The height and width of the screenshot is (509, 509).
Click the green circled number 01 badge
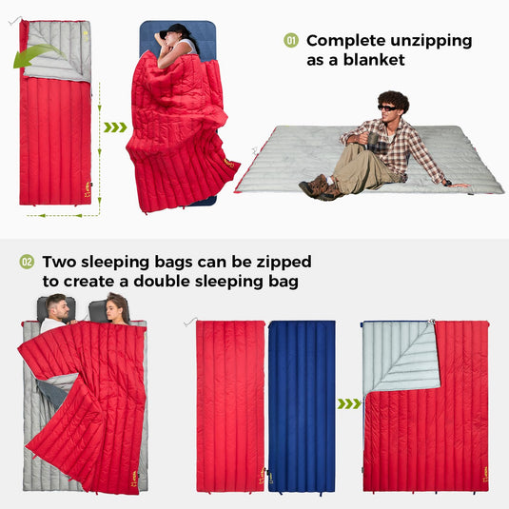click(x=291, y=40)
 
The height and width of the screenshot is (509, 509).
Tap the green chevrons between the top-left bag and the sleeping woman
click(x=114, y=127)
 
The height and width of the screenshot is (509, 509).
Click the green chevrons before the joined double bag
click(x=349, y=403)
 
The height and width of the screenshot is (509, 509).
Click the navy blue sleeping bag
click(x=301, y=405)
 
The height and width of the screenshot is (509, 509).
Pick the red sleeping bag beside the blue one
click(x=229, y=405)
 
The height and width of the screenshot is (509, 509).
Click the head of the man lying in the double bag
click(x=57, y=308)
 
